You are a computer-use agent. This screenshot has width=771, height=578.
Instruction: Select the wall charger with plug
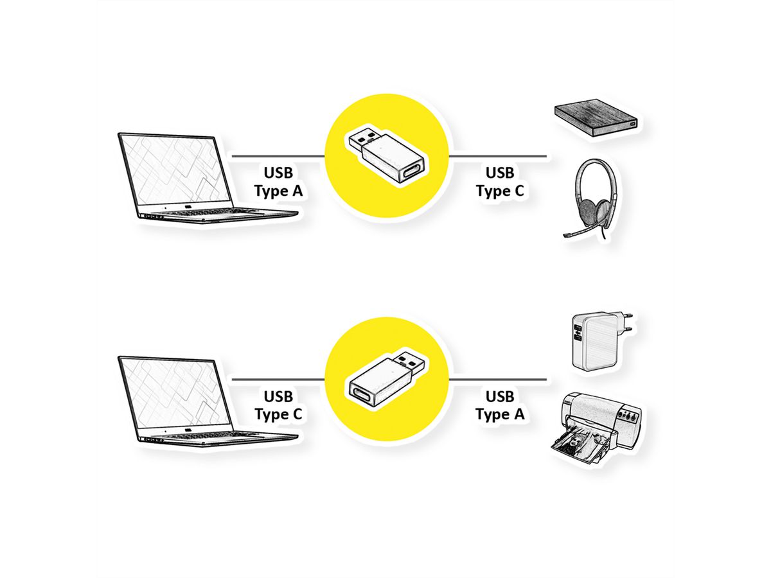[594, 340]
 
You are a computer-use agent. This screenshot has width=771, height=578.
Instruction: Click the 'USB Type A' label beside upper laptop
[278, 182]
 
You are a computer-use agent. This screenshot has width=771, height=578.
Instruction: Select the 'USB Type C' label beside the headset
[500, 182]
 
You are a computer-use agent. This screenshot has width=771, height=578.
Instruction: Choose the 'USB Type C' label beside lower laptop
[278, 405]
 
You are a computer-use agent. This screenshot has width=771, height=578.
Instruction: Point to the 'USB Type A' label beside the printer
[500, 405]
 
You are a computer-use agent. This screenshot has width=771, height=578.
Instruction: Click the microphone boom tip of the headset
[567, 236]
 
